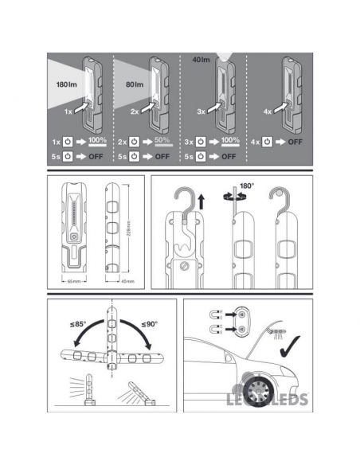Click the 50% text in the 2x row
pos(163,141)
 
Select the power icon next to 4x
pos(267,142)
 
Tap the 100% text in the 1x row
pos(97,141)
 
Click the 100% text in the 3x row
pos(229,141)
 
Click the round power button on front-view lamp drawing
pos(75,237)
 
